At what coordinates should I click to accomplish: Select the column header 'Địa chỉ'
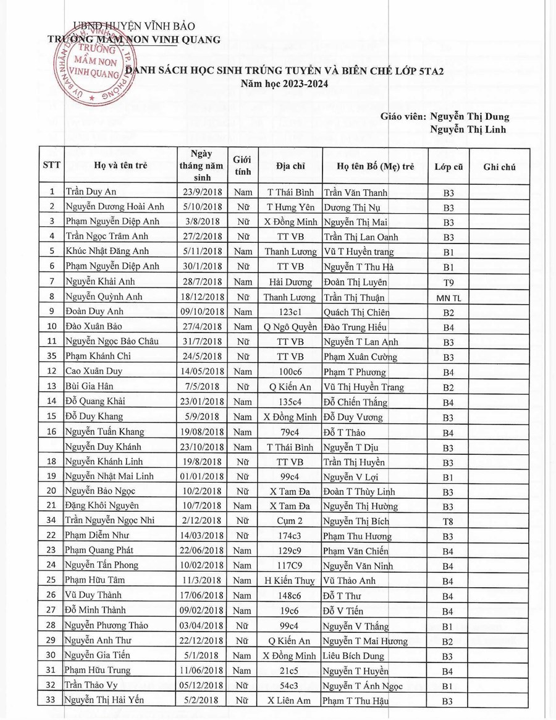290,166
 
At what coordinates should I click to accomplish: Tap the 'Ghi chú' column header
499,166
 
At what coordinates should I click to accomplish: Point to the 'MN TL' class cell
449,298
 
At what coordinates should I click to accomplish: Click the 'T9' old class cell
449,282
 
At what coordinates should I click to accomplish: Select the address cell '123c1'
290,312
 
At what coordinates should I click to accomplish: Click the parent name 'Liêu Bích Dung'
353,656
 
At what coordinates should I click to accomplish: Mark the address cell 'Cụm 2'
290,521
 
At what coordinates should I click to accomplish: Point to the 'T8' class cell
449,522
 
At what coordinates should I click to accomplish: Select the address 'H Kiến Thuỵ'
290,581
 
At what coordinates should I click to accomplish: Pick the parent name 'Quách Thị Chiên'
356,312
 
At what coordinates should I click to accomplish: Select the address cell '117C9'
290,565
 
